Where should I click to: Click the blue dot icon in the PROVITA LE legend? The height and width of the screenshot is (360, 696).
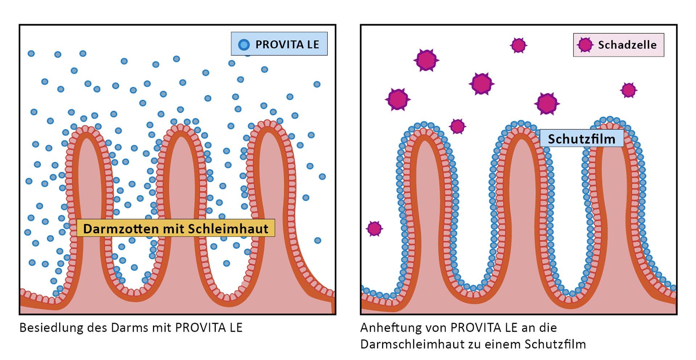point(244,45)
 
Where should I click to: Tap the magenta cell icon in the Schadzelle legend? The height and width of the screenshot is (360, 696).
point(585,45)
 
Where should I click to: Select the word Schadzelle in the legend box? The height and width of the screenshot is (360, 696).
point(627,45)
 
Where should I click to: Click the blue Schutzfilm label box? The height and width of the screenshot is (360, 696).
point(582,138)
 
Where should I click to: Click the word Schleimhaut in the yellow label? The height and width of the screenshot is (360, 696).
point(228,229)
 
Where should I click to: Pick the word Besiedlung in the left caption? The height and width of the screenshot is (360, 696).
point(51,328)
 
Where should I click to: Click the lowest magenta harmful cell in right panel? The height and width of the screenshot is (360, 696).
point(374,229)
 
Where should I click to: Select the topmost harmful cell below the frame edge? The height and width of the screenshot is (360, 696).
point(518,45)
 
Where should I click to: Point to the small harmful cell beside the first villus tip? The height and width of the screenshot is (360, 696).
point(457,127)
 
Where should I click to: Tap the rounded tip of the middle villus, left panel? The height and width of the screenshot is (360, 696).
point(181,127)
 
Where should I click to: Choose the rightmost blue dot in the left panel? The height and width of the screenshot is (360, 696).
point(322,177)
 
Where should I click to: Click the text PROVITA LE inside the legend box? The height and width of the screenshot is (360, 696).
point(287,45)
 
